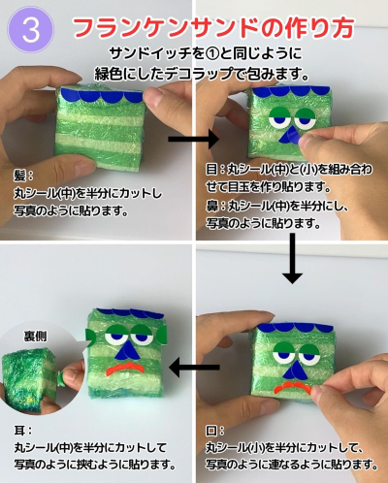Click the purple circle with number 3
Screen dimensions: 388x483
tap(31, 30)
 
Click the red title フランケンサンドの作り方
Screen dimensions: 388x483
tap(213, 28)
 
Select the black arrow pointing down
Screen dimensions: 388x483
tap(292, 259)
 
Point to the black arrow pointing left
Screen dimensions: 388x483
tap(194, 367)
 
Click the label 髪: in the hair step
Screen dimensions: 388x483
tap(23, 176)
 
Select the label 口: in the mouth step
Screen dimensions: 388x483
tap(215, 431)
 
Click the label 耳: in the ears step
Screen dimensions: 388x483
tap(23, 431)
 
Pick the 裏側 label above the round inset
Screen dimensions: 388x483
tap(35, 337)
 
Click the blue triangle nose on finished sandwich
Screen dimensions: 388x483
tap(129, 351)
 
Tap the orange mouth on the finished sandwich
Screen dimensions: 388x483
tap(126, 368)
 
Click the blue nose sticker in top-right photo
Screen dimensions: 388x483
tap(289, 136)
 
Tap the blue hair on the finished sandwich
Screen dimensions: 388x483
tap(129, 313)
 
